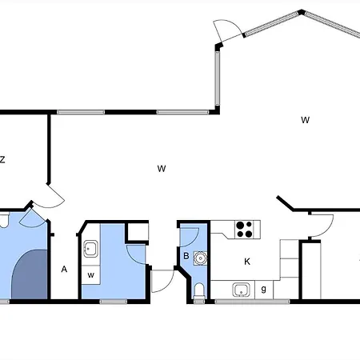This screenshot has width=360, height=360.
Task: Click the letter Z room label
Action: click(2, 159)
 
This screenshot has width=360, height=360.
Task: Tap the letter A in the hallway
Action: click(64, 269)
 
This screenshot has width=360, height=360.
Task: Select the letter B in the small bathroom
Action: click(186, 256)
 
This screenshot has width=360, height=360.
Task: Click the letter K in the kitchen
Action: click(247, 262)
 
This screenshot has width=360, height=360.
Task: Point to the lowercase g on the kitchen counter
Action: click(264, 289)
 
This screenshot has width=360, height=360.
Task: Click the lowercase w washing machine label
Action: click(90, 275)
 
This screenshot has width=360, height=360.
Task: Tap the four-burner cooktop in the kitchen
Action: click(244, 230)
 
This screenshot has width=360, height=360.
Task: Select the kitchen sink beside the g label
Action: click(241, 290)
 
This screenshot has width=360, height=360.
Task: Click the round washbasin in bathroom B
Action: click(200, 258)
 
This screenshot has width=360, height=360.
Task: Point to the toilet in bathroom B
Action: click(199, 290)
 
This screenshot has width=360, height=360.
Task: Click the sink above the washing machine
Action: click(90, 249)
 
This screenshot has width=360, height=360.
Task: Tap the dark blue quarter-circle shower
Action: click(30, 274)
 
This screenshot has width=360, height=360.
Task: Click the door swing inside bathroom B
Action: click(190, 237)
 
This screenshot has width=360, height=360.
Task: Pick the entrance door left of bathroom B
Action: click(162, 282)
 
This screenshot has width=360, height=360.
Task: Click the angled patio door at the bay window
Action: click(229, 30)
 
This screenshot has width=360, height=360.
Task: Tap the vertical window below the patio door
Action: click(218, 78)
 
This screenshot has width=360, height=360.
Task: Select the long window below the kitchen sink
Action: click(252, 302)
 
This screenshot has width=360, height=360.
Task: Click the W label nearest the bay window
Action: click(306, 120)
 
